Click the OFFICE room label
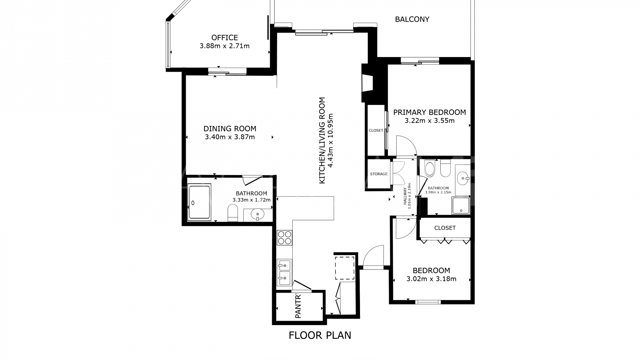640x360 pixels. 225,38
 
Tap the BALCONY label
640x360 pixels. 412,19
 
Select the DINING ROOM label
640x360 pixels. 230,129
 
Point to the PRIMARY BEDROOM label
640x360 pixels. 429,112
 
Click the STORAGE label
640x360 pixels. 379,174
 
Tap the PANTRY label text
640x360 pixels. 298,306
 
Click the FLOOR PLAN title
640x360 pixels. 320,335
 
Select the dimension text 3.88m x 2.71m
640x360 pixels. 225,46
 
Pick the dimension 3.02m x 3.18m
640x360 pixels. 431,279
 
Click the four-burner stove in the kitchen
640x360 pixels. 285,238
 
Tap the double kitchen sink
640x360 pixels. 284,273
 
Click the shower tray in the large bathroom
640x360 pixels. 199,202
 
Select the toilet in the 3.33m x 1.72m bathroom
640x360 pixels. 233,213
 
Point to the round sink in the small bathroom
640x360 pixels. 463,178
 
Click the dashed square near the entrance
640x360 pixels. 345,268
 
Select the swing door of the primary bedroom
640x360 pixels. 406,146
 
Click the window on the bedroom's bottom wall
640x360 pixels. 428,302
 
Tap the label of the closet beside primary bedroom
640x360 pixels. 376,130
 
